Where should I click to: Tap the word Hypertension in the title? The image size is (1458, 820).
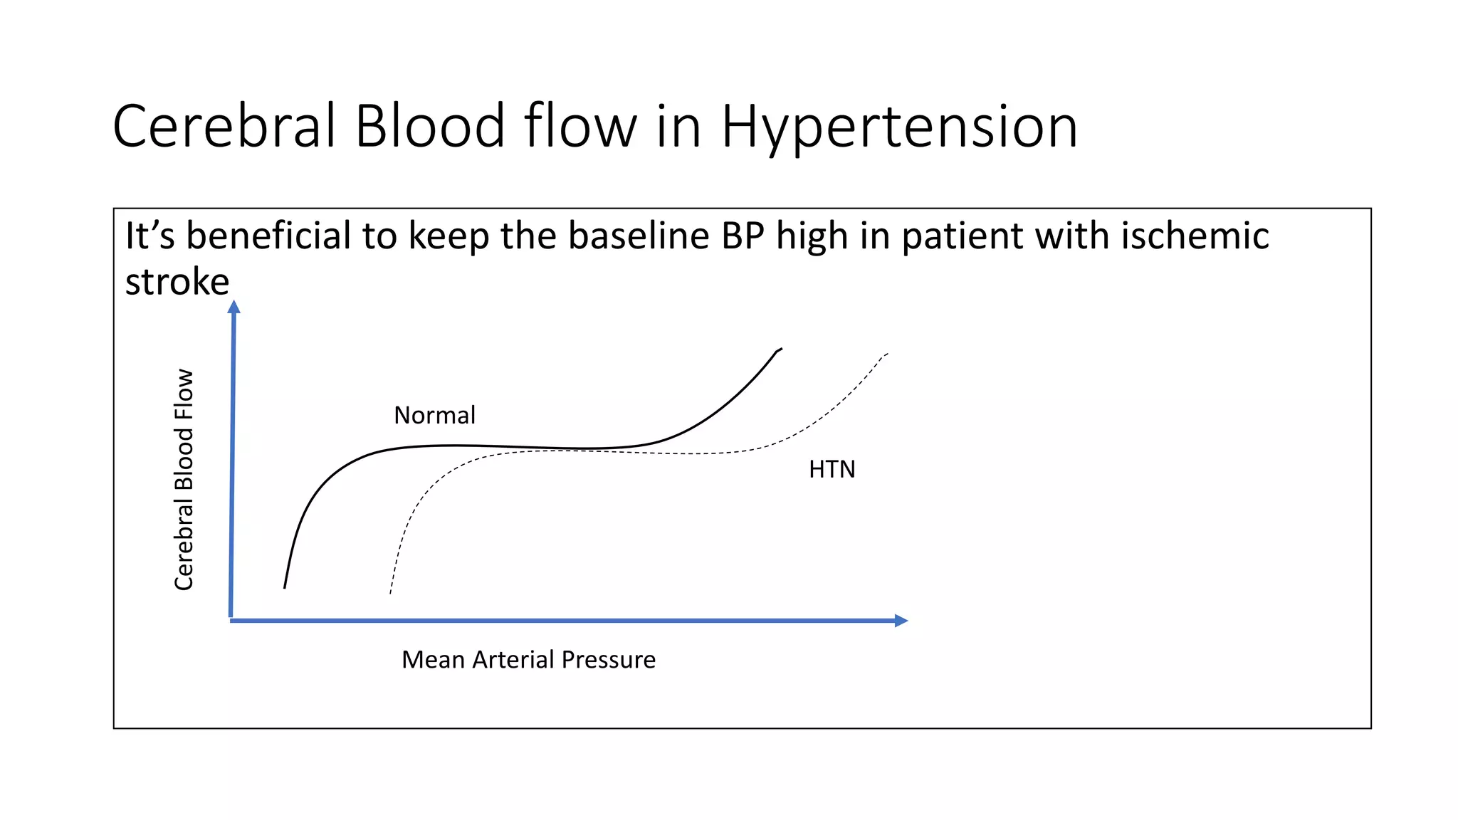point(899,128)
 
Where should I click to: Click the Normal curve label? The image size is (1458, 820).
point(434,415)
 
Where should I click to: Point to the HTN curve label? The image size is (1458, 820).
point(832,470)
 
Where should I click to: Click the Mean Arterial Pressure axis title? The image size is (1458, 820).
point(528,660)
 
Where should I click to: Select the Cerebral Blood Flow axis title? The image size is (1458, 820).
point(184,479)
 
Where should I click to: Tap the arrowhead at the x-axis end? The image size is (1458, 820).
point(901,621)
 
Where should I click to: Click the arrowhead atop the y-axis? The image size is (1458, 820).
point(234,307)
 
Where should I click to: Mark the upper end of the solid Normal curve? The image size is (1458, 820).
point(780,349)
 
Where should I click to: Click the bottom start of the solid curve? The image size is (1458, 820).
point(285,587)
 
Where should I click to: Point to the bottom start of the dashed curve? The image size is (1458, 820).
point(391,592)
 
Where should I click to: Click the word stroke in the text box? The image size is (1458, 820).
point(177,282)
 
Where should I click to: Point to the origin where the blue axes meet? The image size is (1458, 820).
point(231,620)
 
